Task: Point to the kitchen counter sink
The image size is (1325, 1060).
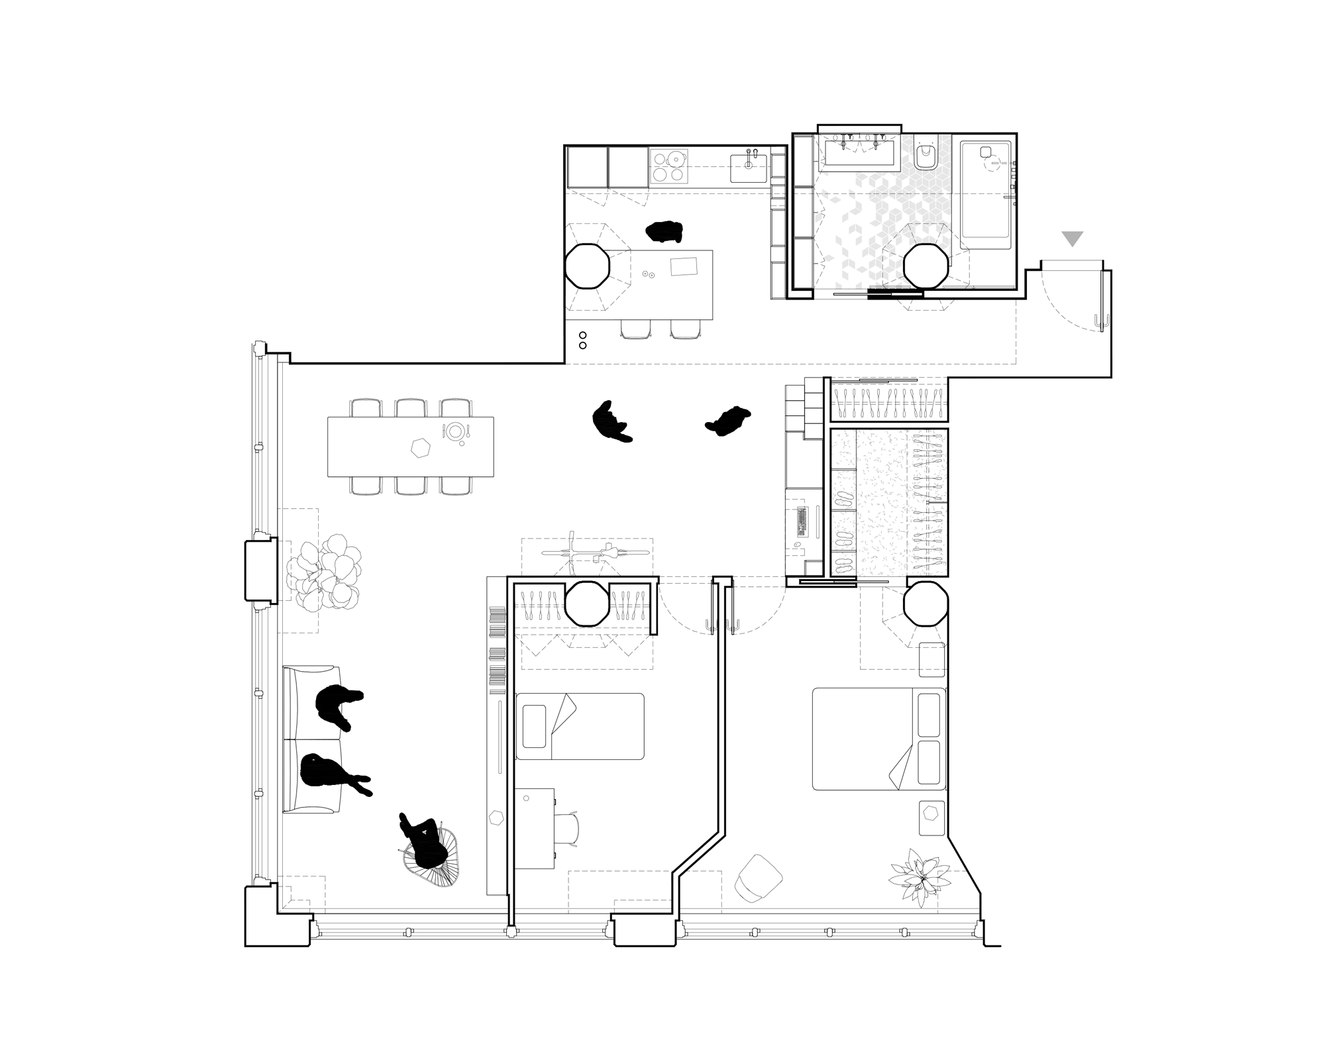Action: pyautogui.click(x=749, y=166)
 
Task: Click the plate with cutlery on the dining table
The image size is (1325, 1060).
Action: pyautogui.click(x=454, y=432)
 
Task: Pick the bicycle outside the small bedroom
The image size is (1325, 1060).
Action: pyautogui.click(x=594, y=553)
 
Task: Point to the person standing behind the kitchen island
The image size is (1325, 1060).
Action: pyautogui.click(x=664, y=231)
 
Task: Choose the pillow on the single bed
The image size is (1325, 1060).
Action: pyautogui.click(x=534, y=726)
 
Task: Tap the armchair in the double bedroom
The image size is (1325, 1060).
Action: pyautogui.click(x=759, y=877)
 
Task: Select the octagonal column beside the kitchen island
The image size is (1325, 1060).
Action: pyautogui.click(x=587, y=266)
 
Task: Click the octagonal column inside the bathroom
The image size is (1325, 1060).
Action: pyautogui.click(x=926, y=266)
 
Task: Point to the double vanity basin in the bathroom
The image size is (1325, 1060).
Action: pyautogui.click(x=860, y=152)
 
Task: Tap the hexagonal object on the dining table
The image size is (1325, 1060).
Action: pyautogui.click(x=420, y=449)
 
